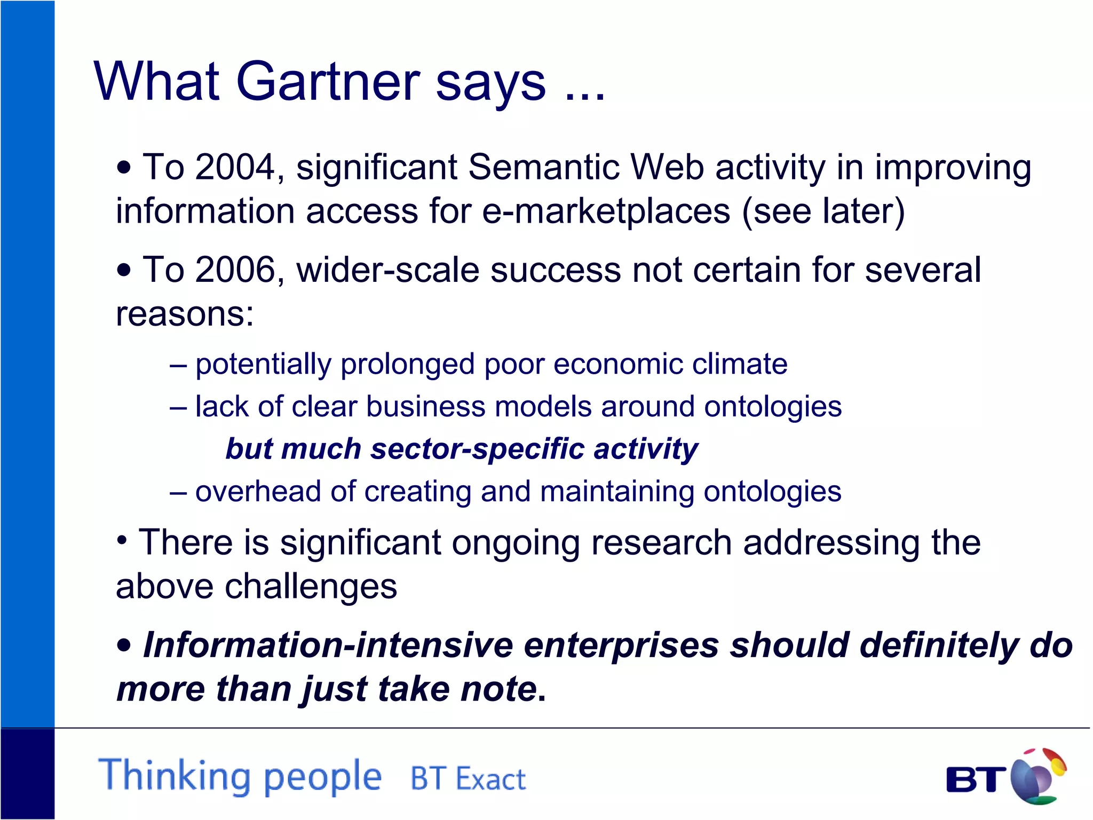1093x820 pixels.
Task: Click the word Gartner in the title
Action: (328, 82)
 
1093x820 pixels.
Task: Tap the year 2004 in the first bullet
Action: (235, 167)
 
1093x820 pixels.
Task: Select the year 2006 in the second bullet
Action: (235, 270)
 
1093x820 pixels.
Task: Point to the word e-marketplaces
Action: (606, 211)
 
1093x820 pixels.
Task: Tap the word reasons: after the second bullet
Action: (185, 313)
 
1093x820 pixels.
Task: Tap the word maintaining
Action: (616, 491)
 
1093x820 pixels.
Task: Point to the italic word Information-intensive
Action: (328, 645)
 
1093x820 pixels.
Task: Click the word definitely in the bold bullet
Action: (939, 645)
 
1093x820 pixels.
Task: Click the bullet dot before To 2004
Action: (124, 168)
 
